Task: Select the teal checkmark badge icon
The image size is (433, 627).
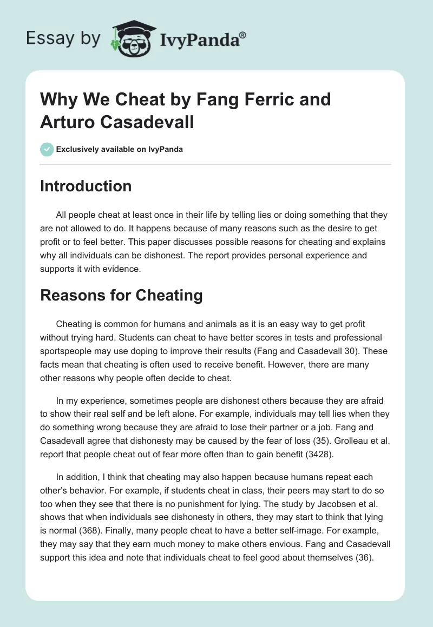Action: (47, 149)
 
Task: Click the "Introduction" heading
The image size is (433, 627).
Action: (86, 186)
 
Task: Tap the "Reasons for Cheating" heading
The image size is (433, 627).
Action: (121, 295)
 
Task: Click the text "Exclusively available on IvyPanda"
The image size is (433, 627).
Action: (119, 149)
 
